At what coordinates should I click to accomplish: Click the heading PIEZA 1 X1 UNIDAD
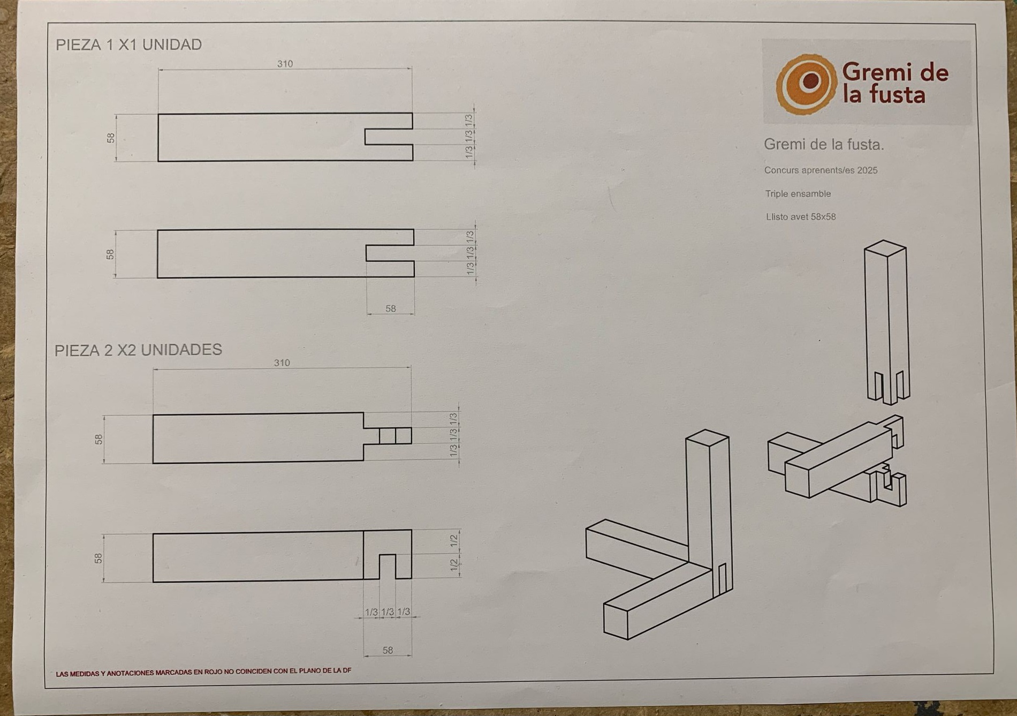[129, 44]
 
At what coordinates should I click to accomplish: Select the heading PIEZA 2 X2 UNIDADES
[138, 350]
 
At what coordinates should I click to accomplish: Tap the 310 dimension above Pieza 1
[285, 64]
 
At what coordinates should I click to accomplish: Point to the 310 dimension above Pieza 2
[282, 363]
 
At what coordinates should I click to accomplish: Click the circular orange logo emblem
[807, 84]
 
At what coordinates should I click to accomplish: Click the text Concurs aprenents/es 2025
[821, 170]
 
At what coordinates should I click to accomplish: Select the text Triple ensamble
[798, 194]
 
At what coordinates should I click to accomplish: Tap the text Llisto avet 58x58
[801, 217]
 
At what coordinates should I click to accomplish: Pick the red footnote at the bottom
[203, 672]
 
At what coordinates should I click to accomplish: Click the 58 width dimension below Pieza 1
[391, 308]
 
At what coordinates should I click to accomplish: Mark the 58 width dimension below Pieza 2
[388, 650]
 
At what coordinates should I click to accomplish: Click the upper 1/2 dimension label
[454, 541]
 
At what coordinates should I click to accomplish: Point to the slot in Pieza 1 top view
[389, 137]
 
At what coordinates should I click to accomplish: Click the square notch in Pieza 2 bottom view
[388, 567]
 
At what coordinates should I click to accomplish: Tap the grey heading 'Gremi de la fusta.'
[824, 144]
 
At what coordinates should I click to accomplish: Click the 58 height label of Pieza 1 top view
[111, 138]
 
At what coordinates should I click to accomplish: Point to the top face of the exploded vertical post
[885, 248]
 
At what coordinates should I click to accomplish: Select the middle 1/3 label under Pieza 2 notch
[388, 612]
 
